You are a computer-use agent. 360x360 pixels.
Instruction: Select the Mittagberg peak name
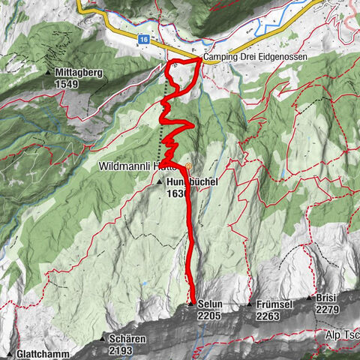point(82,73)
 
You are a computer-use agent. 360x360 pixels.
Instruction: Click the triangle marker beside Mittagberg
point(49,73)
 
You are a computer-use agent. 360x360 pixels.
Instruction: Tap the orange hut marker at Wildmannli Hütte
point(188,166)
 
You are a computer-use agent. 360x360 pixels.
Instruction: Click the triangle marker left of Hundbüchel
point(160,181)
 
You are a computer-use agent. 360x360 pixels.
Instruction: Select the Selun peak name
point(211,305)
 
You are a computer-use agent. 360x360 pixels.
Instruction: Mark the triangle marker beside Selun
point(192,304)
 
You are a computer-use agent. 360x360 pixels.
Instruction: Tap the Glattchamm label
point(42,354)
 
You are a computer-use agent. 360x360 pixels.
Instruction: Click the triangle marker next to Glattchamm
point(10,354)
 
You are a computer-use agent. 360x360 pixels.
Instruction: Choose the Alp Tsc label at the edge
point(342,331)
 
